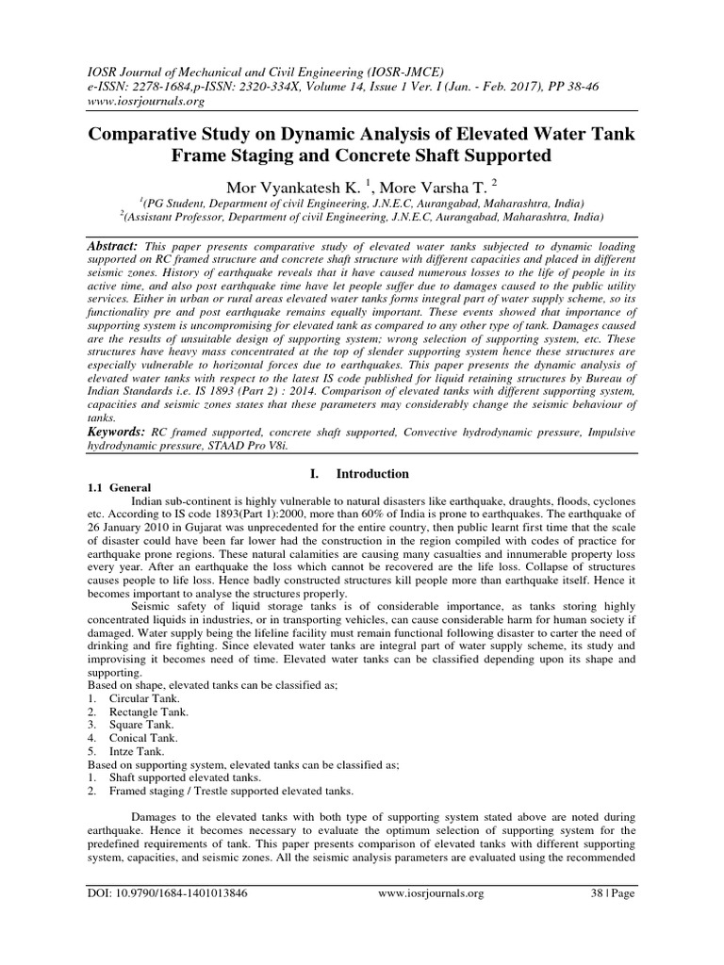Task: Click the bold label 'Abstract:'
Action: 114,242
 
